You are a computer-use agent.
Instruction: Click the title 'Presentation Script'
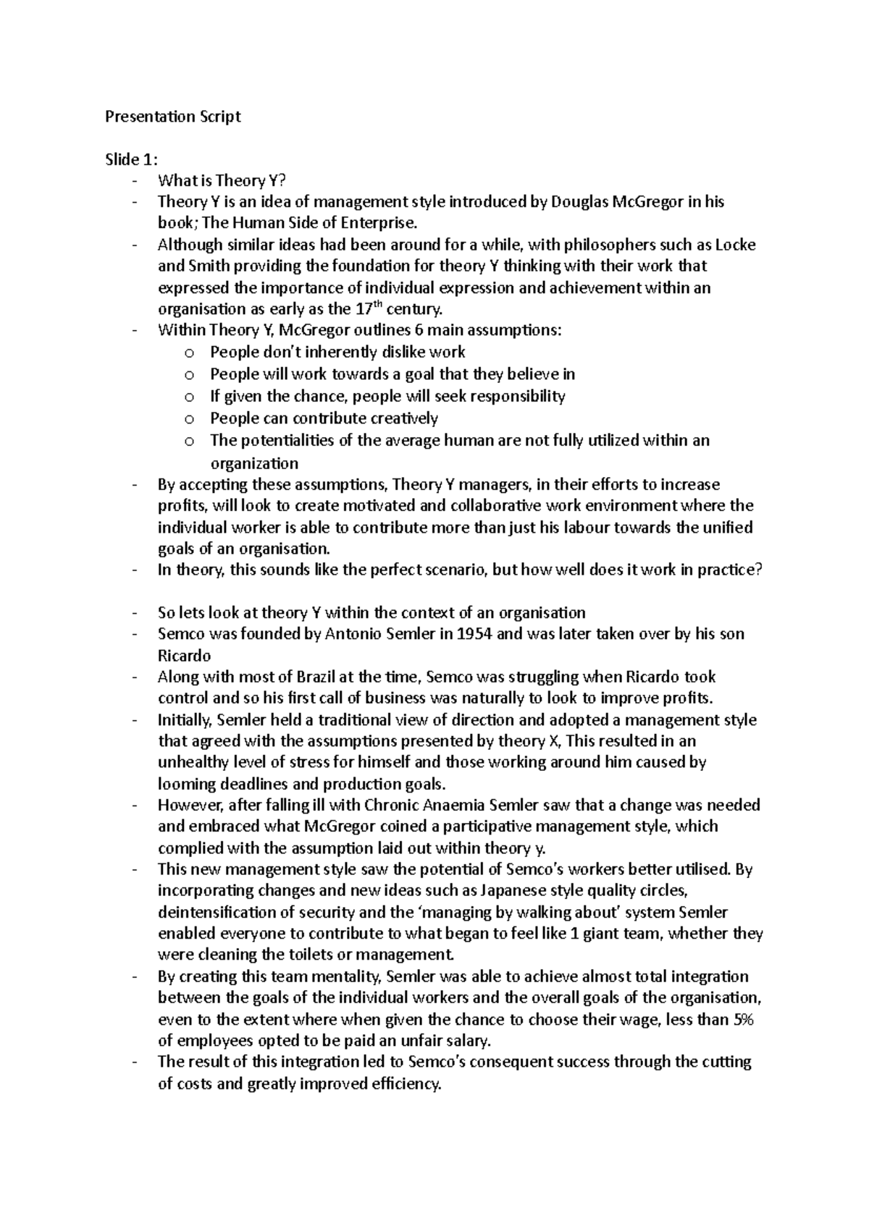coord(172,117)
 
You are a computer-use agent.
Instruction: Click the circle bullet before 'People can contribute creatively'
coord(189,419)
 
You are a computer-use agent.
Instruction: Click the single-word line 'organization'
coord(254,463)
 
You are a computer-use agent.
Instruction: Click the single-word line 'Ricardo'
coord(184,656)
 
